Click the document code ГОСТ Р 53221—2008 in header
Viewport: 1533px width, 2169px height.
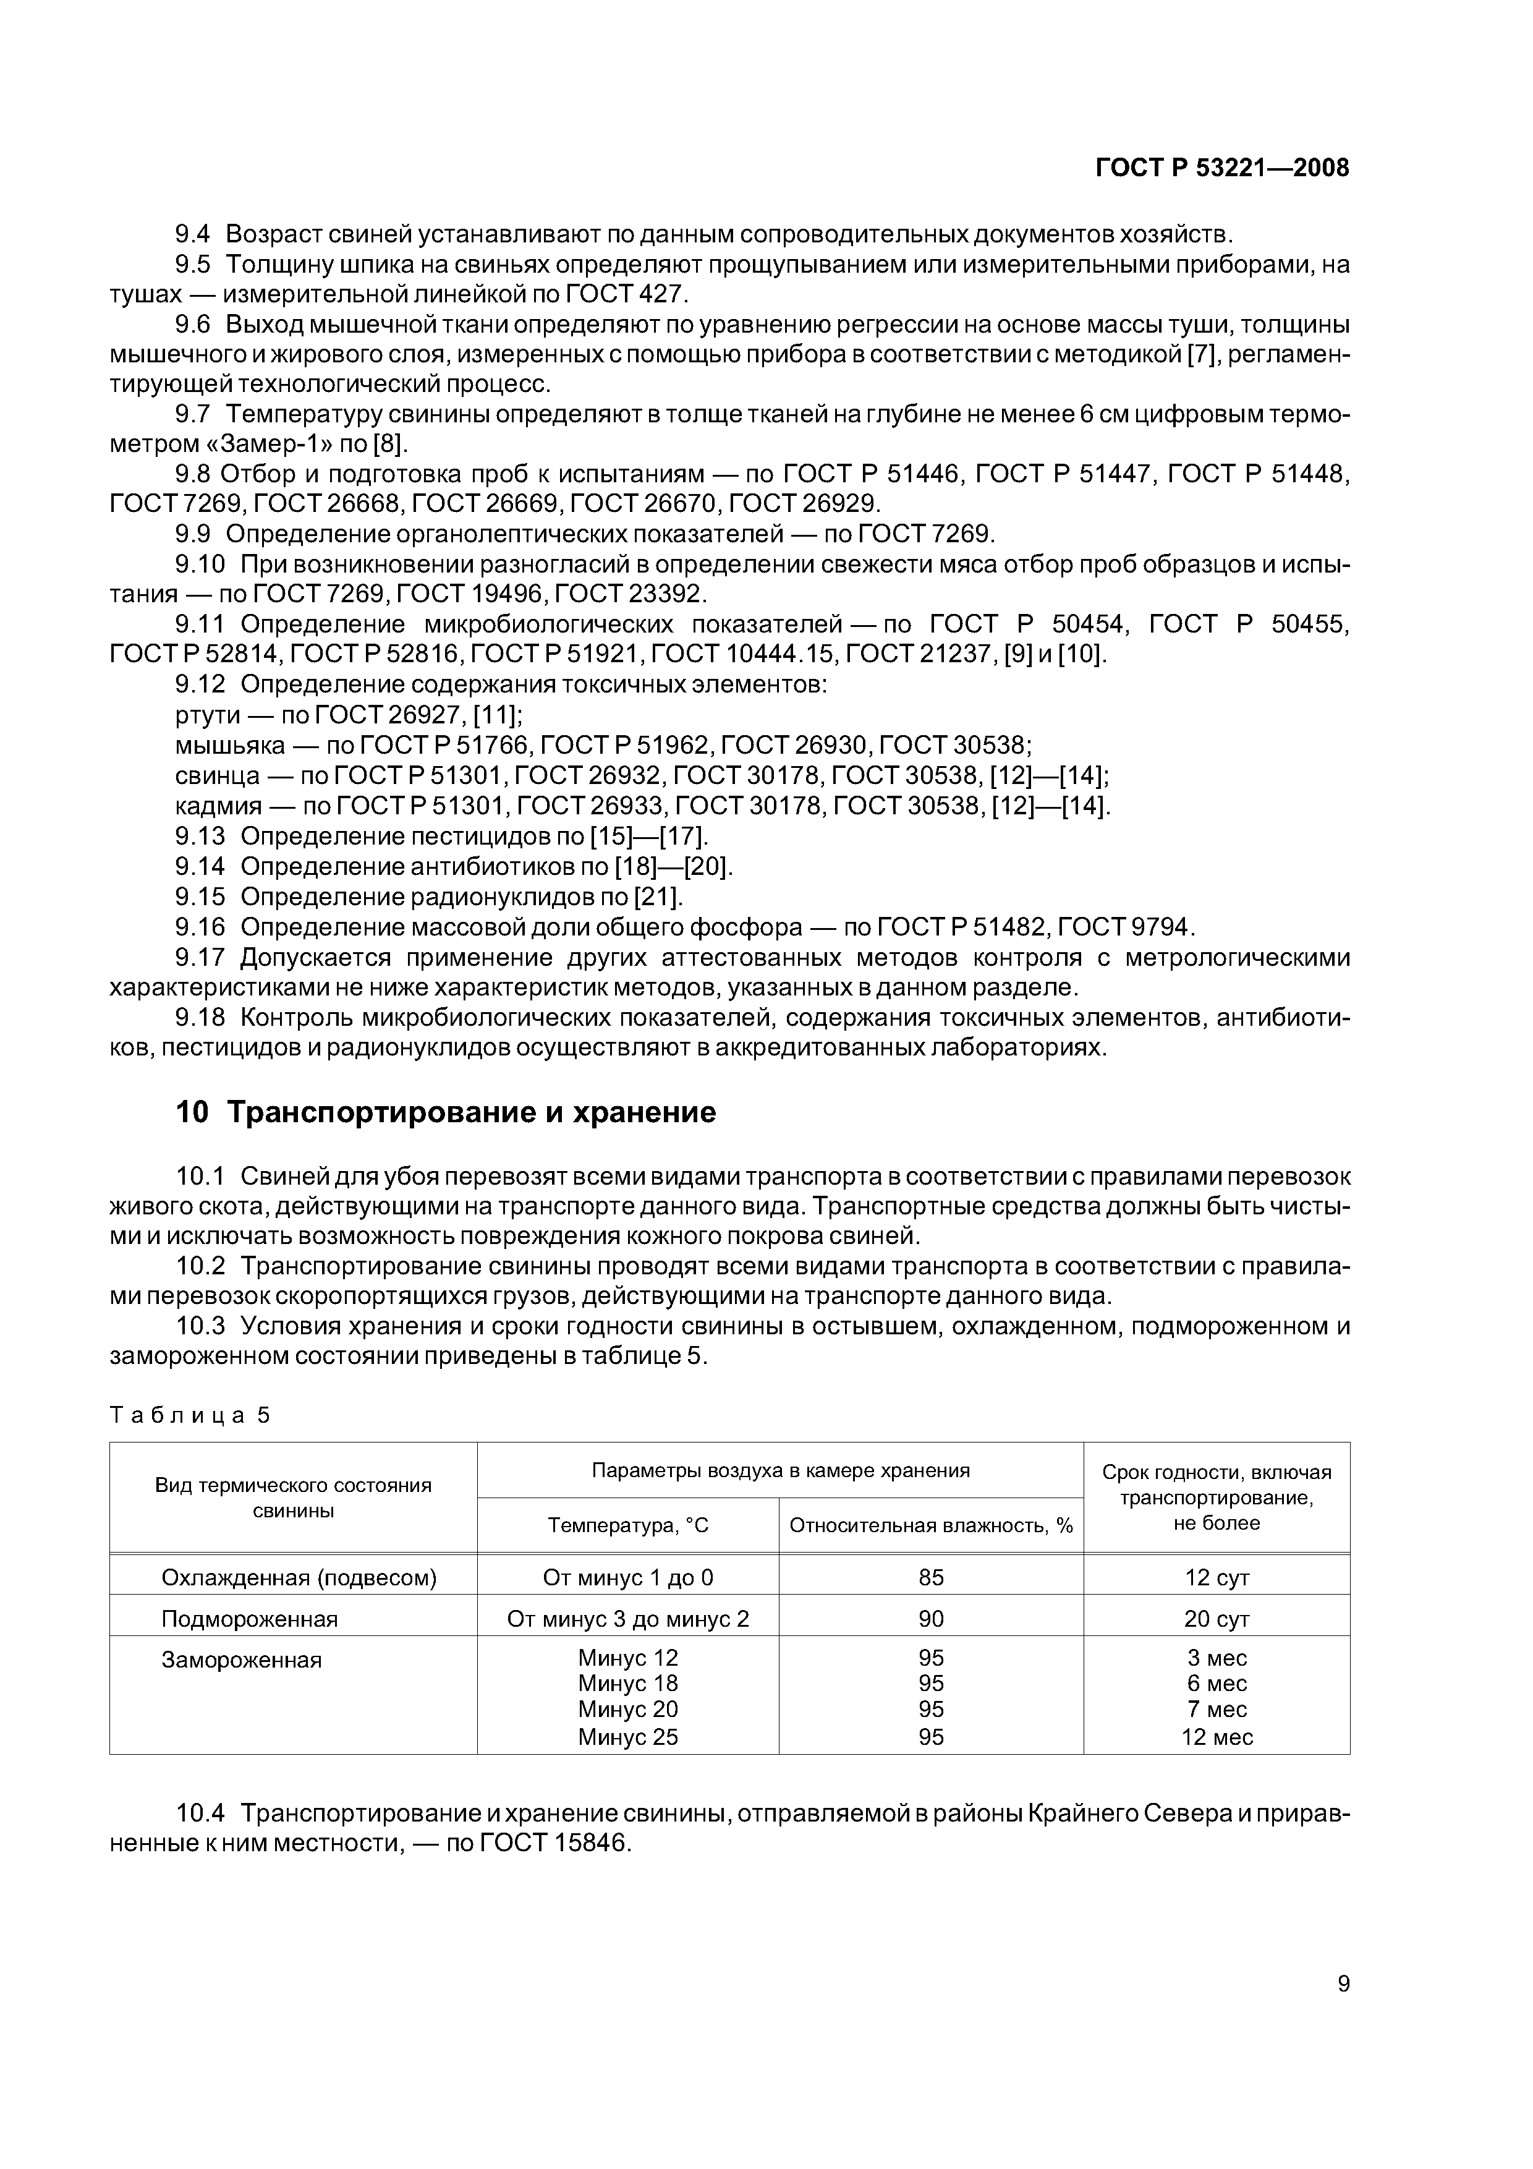(x=1221, y=168)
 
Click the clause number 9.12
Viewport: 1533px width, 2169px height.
(x=200, y=684)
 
